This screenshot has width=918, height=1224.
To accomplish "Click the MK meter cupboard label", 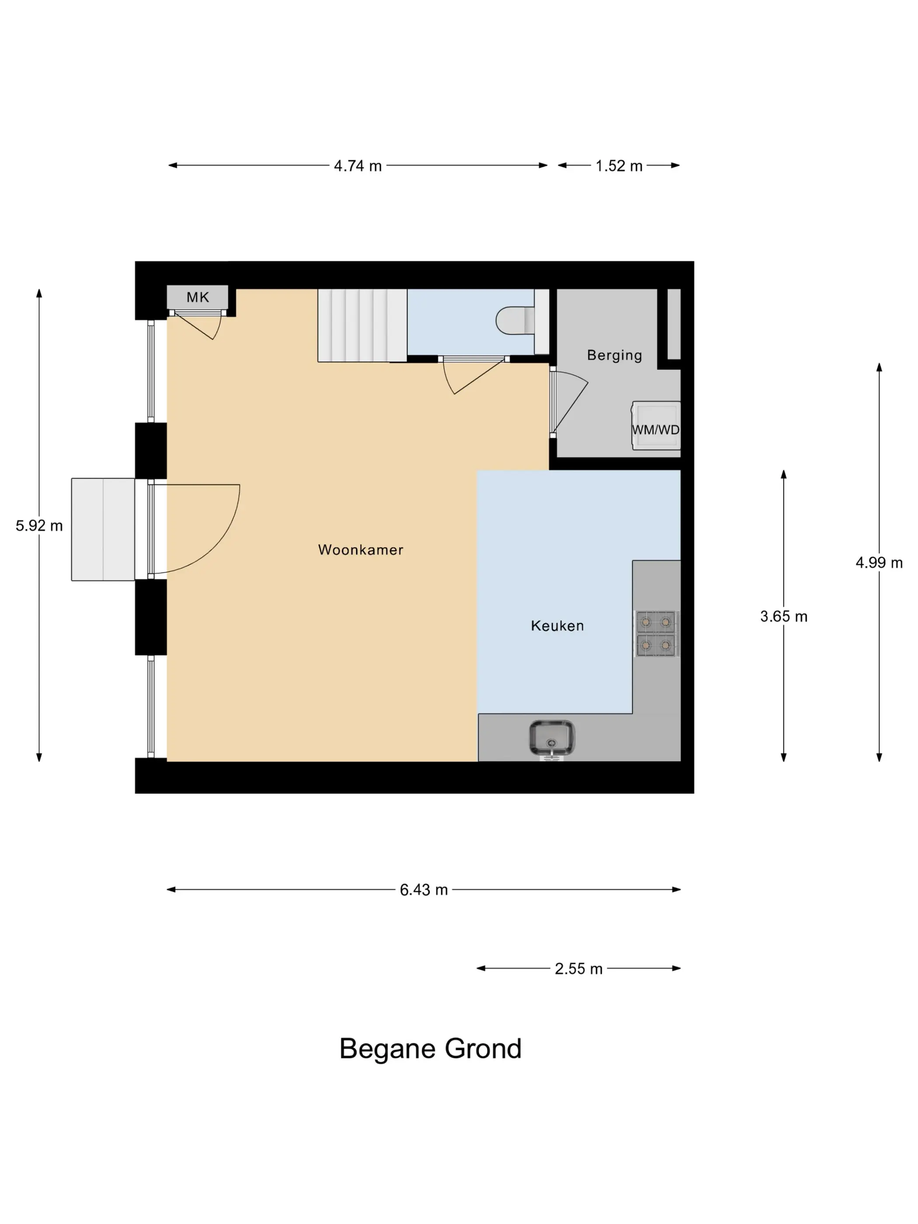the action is pyautogui.click(x=198, y=297).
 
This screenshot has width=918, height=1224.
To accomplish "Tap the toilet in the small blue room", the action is pyautogui.click(x=515, y=320).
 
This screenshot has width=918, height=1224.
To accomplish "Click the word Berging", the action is pyautogui.click(x=614, y=355).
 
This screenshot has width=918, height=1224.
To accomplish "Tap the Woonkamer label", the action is pyautogui.click(x=361, y=549).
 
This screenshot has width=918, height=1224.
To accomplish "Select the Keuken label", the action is pyautogui.click(x=557, y=626).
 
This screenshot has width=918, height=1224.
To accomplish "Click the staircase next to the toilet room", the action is pyautogui.click(x=362, y=325).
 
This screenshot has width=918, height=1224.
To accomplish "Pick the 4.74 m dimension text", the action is pyautogui.click(x=358, y=166).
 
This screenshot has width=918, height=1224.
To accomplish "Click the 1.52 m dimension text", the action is pyautogui.click(x=619, y=166).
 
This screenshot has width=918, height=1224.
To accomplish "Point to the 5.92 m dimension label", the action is pyautogui.click(x=39, y=526).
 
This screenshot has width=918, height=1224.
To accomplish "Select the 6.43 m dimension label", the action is pyautogui.click(x=424, y=890).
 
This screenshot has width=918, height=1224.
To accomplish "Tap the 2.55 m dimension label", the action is pyautogui.click(x=579, y=969).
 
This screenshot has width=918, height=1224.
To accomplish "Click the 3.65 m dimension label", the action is pyautogui.click(x=783, y=616).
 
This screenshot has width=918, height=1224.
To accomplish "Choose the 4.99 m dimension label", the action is pyautogui.click(x=879, y=563).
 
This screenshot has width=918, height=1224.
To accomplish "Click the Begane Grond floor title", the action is pyautogui.click(x=431, y=1049).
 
